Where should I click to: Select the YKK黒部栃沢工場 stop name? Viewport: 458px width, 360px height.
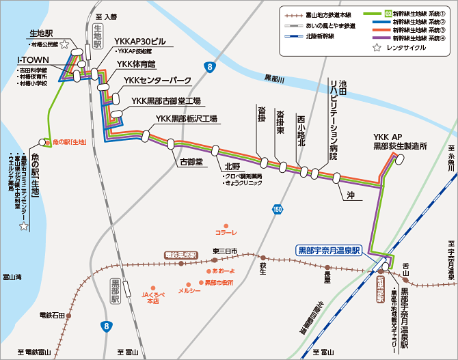(186, 119)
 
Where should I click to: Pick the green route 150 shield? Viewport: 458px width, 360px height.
(277, 209)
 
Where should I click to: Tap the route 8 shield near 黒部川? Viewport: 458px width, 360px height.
(210, 66)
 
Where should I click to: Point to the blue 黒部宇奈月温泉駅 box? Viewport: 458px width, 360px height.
(327, 250)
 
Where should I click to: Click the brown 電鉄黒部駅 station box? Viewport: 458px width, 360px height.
(180, 255)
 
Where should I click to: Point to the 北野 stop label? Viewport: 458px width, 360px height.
(231, 166)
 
